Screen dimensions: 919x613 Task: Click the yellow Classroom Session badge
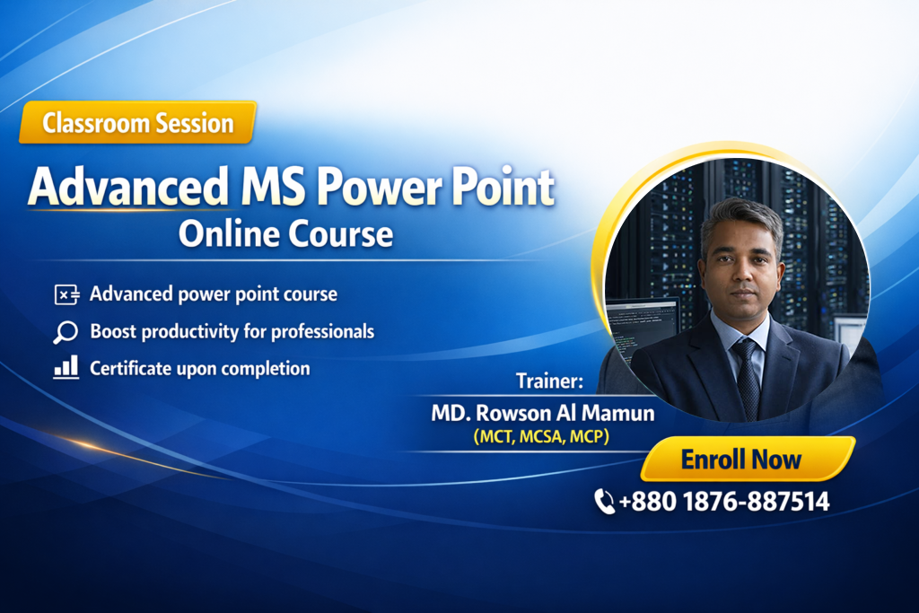pyautogui.click(x=137, y=122)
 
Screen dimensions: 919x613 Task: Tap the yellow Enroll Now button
pyautogui.click(x=748, y=459)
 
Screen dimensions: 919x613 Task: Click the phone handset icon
pyautogui.click(x=604, y=502)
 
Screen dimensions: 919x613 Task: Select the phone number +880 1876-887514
pyautogui.click(x=724, y=502)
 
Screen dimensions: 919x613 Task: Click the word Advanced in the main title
pyautogui.click(x=127, y=187)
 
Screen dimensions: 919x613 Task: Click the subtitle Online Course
pyautogui.click(x=285, y=234)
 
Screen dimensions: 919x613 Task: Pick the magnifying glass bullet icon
pyautogui.click(x=66, y=332)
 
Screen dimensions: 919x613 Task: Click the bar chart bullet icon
pyautogui.click(x=66, y=367)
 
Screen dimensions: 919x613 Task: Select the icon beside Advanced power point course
pyautogui.click(x=66, y=294)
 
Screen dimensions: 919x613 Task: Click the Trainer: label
pyautogui.click(x=550, y=381)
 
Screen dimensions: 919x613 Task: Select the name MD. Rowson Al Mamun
pyautogui.click(x=543, y=413)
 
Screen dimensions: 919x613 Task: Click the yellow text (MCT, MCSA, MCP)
pyautogui.click(x=541, y=436)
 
